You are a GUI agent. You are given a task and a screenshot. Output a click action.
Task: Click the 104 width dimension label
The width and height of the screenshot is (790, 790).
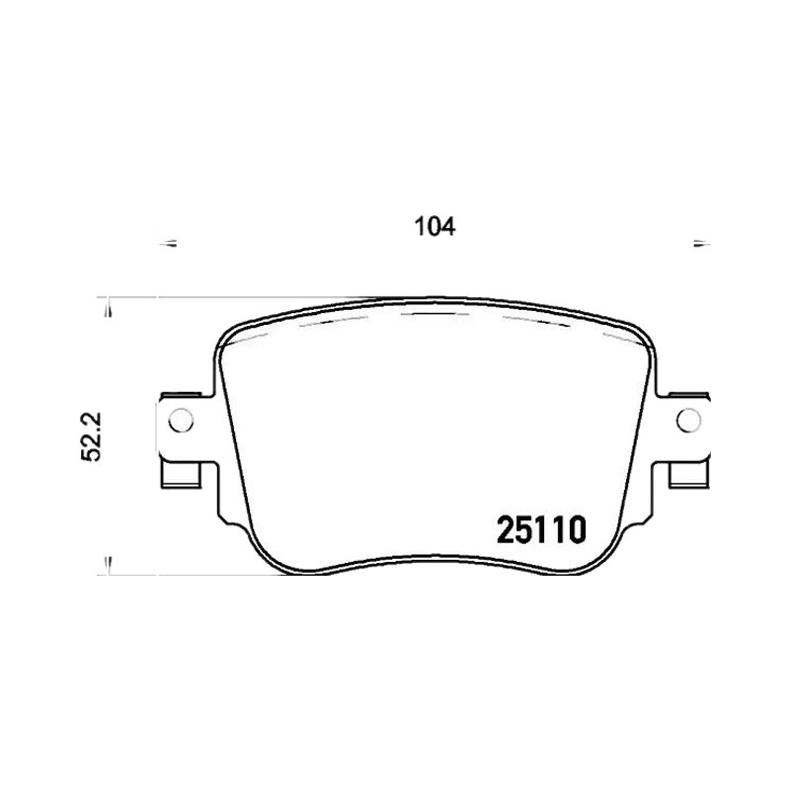(434, 227)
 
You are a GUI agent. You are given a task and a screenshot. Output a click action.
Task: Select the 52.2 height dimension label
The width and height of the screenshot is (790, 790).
(91, 436)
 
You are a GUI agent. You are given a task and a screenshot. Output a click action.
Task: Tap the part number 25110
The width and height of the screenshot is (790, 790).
(541, 530)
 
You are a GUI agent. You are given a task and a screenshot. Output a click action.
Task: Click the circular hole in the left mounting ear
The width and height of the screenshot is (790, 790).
(181, 421)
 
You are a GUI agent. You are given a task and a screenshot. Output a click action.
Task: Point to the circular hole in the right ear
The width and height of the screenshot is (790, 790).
(688, 421)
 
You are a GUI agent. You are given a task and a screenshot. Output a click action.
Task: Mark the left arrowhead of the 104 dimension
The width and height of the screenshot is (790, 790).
(168, 244)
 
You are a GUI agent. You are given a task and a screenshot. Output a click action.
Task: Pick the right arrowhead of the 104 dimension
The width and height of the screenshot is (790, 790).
(702, 244)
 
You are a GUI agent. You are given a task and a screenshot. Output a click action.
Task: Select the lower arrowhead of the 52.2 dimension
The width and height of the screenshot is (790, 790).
(109, 565)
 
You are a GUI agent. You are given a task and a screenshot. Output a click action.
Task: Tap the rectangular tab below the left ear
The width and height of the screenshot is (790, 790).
(181, 475)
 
